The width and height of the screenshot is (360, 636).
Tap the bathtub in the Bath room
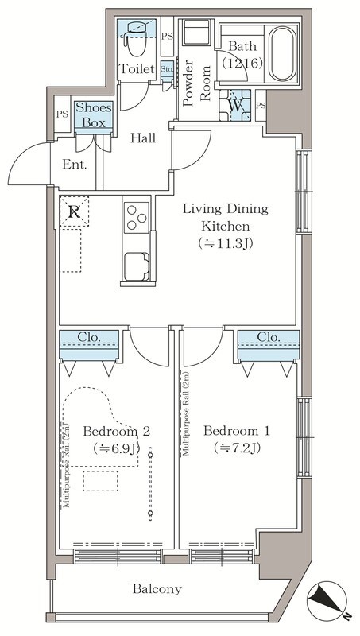pyautogui.click(x=283, y=54)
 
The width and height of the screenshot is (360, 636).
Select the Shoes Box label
pyautogui.click(x=94, y=115)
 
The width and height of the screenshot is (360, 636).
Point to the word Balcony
pyautogui.click(x=157, y=589)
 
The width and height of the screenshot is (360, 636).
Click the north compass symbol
pyautogui.click(x=327, y=600)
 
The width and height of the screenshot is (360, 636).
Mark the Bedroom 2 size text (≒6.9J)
pyautogui.click(x=117, y=448)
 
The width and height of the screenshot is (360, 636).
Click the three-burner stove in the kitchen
pyautogui.click(x=136, y=217)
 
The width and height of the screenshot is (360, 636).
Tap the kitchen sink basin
pyautogui.click(x=136, y=266)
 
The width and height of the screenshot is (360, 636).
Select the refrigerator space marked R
pyautogui.click(x=74, y=211)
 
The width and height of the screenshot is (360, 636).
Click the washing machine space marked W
pyautogui.click(x=234, y=105)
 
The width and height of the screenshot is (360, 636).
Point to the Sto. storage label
pyautogui.click(x=167, y=68)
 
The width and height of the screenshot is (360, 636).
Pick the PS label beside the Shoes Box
pyautogui.click(x=62, y=114)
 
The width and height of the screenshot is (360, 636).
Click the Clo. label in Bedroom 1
pyautogui.click(x=269, y=337)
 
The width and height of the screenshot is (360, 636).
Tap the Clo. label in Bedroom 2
pyautogui.click(x=88, y=336)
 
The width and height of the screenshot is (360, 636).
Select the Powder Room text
pyautogui.click(x=195, y=83)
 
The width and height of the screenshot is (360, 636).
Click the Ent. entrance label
pyautogui.click(x=75, y=165)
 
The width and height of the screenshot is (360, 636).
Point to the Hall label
pyautogui.click(x=143, y=138)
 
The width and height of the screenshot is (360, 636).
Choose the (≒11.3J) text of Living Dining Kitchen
pyautogui.click(x=225, y=243)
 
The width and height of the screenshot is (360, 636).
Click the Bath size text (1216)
pyautogui.click(x=242, y=63)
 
